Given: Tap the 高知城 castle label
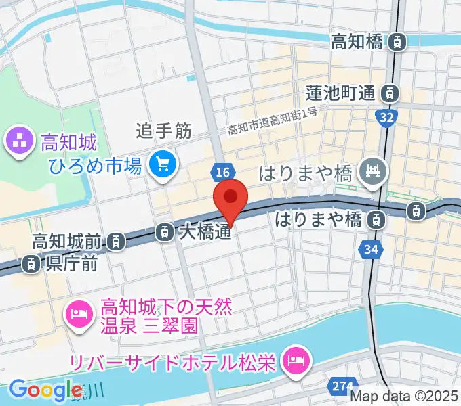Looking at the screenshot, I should click(x=69, y=143).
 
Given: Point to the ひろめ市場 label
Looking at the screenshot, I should click(x=95, y=164).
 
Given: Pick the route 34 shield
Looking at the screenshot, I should click(x=370, y=250).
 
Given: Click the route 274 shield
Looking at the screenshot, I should click(x=341, y=386).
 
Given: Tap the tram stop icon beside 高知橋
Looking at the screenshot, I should click(x=398, y=43).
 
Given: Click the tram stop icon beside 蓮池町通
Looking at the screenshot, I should click(x=390, y=93).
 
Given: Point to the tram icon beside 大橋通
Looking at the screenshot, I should click(x=165, y=233).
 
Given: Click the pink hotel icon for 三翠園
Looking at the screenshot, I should click(x=80, y=314).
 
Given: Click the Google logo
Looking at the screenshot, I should click(x=45, y=390).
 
